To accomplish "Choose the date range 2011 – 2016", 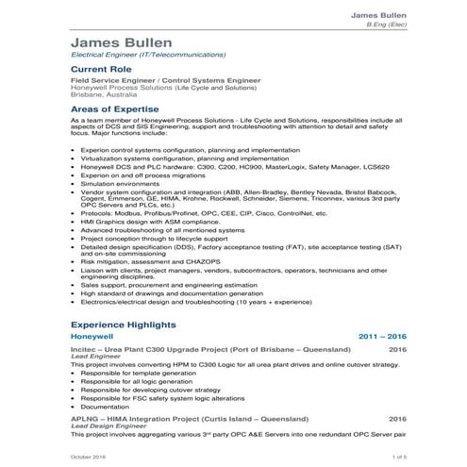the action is [382, 336].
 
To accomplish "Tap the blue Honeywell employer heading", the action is [92, 336].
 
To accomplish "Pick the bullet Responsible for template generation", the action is [142, 373].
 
